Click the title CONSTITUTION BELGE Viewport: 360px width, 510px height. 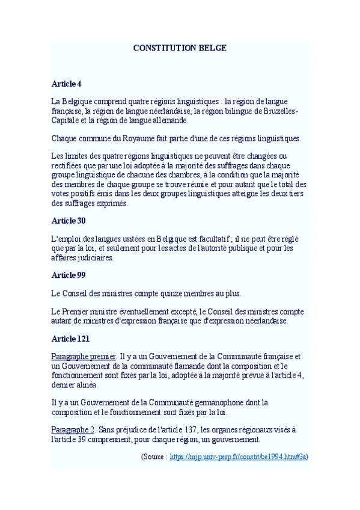coord(180,48)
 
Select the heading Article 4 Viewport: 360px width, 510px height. coord(66,83)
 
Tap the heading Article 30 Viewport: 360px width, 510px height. coord(69,221)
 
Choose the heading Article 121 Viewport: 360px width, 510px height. coord(70,339)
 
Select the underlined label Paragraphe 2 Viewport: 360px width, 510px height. coord(73,429)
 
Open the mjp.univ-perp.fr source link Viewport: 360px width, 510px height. coord(238,456)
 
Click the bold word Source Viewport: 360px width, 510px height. coord(154,456)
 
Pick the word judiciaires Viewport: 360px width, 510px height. coord(93,257)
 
